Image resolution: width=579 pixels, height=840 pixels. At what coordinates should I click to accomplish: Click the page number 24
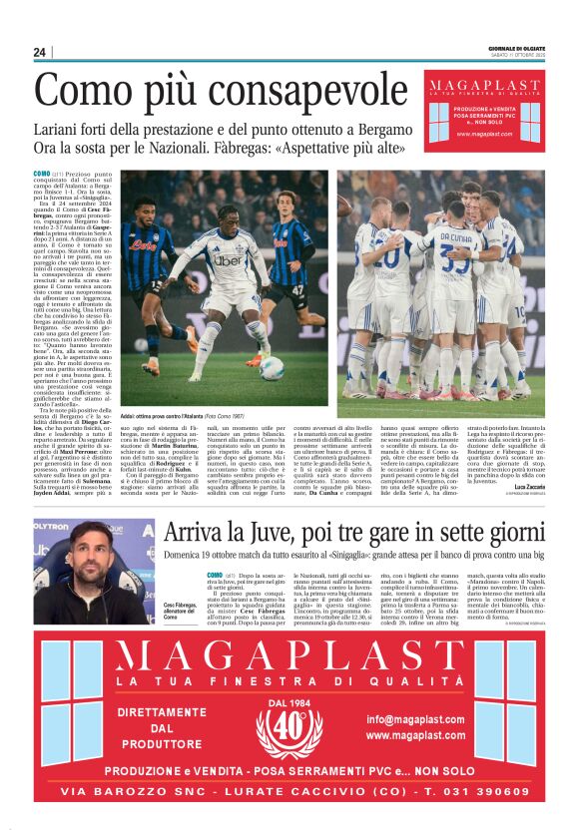(x=39, y=52)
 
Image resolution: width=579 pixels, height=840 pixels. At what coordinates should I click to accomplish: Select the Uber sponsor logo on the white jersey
(x=228, y=260)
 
